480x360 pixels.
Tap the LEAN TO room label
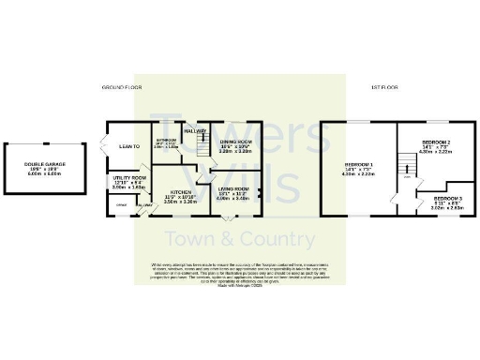point(128,146)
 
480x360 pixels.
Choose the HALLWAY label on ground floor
point(195,131)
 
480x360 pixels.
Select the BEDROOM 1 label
point(359,163)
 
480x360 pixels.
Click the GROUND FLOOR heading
point(121,87)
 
